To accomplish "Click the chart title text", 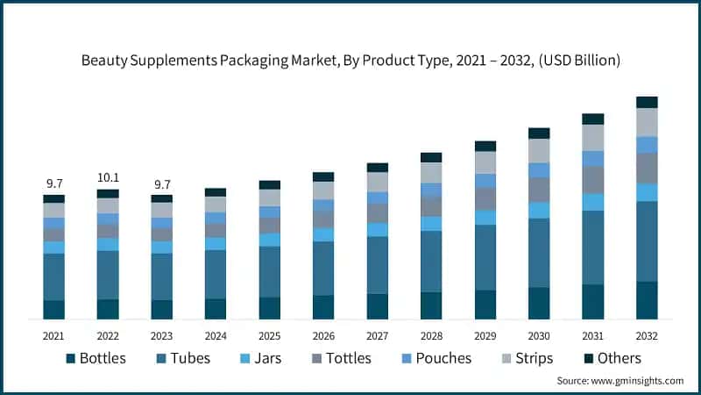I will (x=350, y=61).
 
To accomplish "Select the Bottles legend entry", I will (x=96, y=358).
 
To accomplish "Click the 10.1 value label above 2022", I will (x=108, y=178).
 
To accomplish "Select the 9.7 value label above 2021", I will (x=54, y=183).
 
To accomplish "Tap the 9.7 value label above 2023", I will (x=161, y=183).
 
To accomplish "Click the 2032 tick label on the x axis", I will (x=647, y=335).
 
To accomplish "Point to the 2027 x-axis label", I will (x=377, y=335).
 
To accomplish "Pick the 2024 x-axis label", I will (x=216, y=335).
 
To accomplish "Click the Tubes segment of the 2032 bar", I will (x=647, y=241).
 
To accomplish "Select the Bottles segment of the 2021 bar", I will (x=54, y=309).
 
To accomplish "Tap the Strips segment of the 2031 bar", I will (x=593, y=138).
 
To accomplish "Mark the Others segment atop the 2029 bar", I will (x=485, y=146).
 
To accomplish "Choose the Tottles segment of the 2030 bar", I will (x=539, y=190).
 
